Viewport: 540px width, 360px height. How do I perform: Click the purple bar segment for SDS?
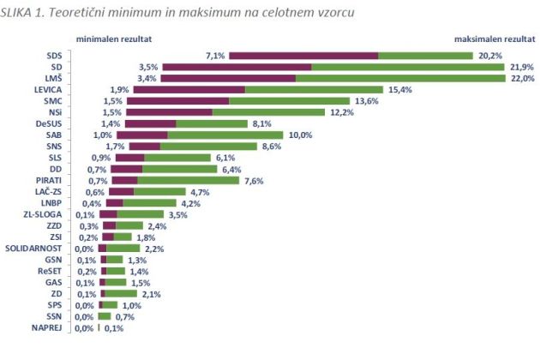[x=303, y=56]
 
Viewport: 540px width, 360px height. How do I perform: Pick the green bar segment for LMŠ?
[x=400, y=78]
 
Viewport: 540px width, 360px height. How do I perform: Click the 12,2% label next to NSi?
[x=339, y=111]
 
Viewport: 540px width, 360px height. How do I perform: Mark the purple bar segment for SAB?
[x=141, y=135]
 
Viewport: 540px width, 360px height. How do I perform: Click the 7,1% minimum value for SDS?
[x=215, y=56]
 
